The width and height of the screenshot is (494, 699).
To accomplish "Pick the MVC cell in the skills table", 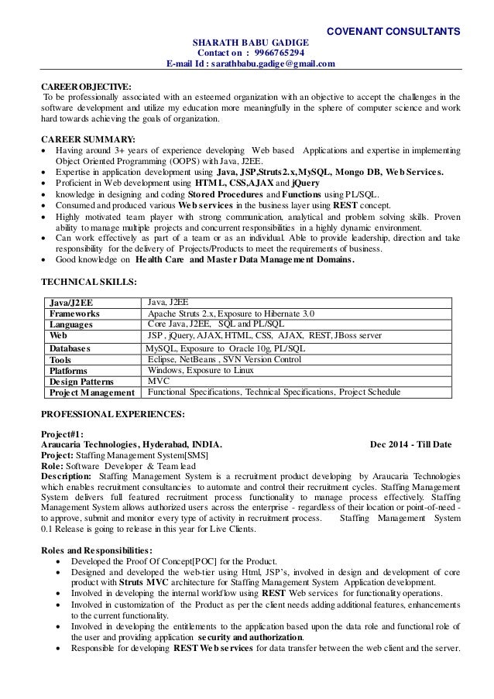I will point(158,381).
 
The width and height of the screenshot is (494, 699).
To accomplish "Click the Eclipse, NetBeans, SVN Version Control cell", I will point(224,359).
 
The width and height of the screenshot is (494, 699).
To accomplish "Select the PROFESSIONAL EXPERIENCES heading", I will point(112,414).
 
